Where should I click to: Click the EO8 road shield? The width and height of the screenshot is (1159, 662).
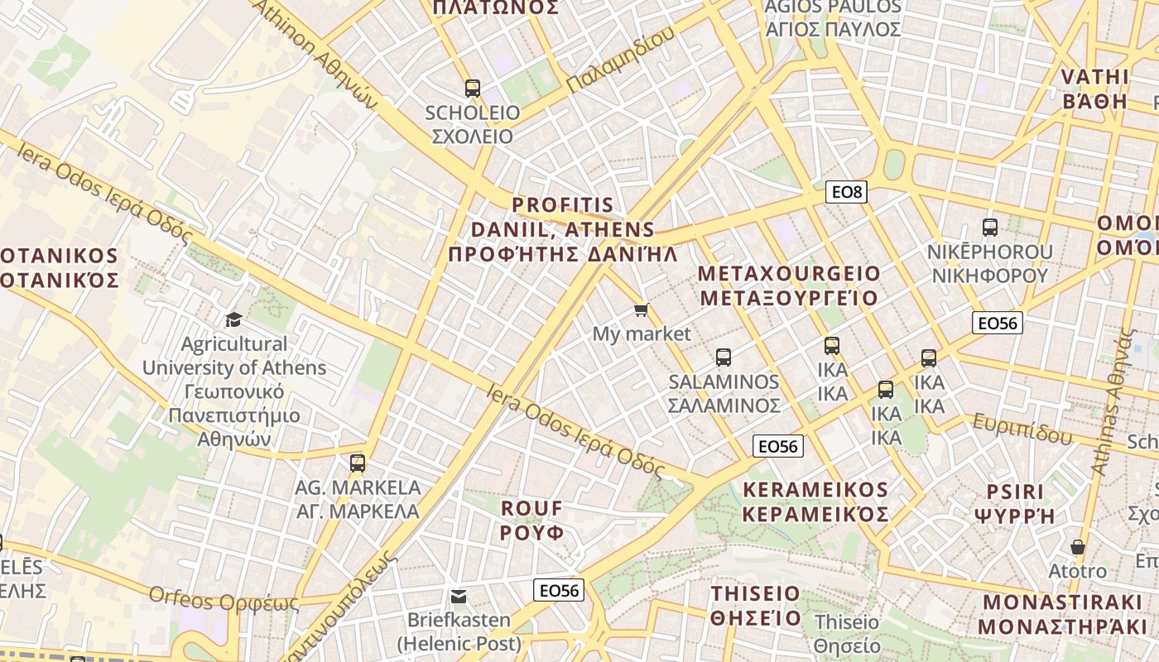coord(846,193)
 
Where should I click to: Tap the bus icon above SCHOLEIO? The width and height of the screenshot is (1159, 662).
coord(473,88)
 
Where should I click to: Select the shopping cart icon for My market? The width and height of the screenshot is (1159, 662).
coord(641,310)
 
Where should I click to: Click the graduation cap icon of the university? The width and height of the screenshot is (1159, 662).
coord(234,319)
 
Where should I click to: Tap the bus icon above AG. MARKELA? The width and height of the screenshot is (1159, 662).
coord(358,463)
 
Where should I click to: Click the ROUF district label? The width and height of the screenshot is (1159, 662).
coord(531,520)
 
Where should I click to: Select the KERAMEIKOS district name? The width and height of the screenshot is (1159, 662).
coord(815,501)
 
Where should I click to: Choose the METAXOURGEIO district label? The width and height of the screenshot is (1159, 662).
coord(789,285)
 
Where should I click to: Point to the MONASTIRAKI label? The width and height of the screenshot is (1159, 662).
coord(1067,614)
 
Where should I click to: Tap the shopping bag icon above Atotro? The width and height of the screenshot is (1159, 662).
coord(1077,547)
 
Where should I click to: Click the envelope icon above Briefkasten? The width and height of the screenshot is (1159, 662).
coord(459,596)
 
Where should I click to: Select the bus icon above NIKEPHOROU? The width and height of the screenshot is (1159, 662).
coord(989,227)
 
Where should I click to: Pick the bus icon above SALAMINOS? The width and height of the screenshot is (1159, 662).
coord(724,357)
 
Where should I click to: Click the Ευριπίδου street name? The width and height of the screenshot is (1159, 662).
coord(1022,428)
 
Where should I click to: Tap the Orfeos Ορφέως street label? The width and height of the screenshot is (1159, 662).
coord(224,599)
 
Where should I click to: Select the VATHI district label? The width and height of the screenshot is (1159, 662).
coord(1094,89)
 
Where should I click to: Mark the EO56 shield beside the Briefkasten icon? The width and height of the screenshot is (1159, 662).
coord(560,590)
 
